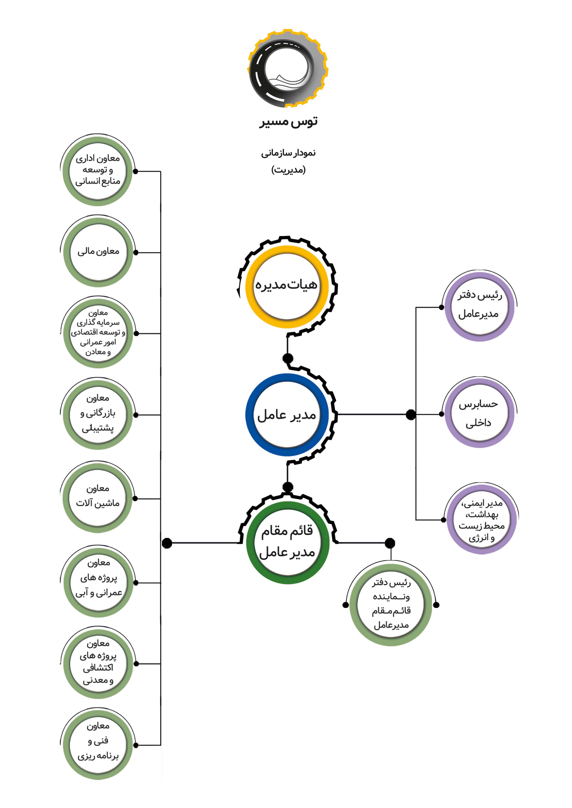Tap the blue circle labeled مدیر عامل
[287, 415]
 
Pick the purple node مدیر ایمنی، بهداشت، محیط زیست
[481, 520]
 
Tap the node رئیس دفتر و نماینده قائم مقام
[391, 605]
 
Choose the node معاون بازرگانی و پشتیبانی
[98, 414]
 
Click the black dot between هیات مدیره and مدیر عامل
[288, 358]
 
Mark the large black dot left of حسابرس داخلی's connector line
[411, 415]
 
